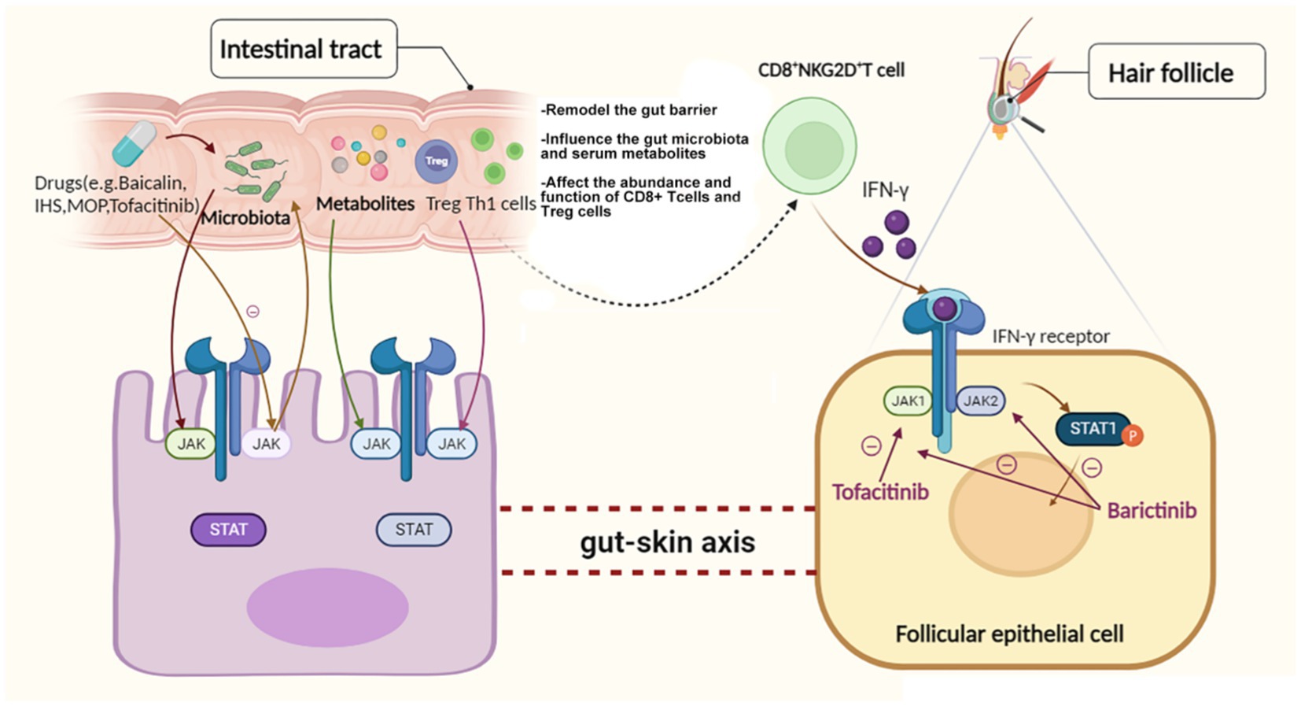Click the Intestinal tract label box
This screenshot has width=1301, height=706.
tap(303, 49)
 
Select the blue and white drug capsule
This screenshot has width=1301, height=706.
tap(133, 143)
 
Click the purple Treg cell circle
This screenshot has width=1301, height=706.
tap(436, 161)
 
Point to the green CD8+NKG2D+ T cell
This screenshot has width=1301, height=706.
tap(809, 146)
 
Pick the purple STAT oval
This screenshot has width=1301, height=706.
tap(228, 530)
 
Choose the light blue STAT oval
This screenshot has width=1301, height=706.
tap(414, 530)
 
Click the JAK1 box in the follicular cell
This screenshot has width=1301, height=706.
tap(907, 401)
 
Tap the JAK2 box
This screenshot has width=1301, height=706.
tap(980, 401)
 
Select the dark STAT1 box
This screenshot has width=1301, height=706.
tap(1092, 429)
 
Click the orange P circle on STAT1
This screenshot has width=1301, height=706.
tap(1133, 435)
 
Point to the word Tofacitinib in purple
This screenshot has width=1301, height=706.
tap(880, 493)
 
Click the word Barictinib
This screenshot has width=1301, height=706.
tap(1152, 511)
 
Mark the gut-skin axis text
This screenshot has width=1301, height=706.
tap(667, 542)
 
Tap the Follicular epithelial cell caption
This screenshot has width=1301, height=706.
tap(1009, 634)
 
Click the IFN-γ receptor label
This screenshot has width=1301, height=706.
tap(1050, 337)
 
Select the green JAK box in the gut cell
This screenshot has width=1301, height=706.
tap(191, 444)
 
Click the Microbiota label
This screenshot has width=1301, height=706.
tap(245, 218)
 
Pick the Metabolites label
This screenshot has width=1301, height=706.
tap(365, 204)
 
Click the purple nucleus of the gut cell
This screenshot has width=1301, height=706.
tap(327, 607)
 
